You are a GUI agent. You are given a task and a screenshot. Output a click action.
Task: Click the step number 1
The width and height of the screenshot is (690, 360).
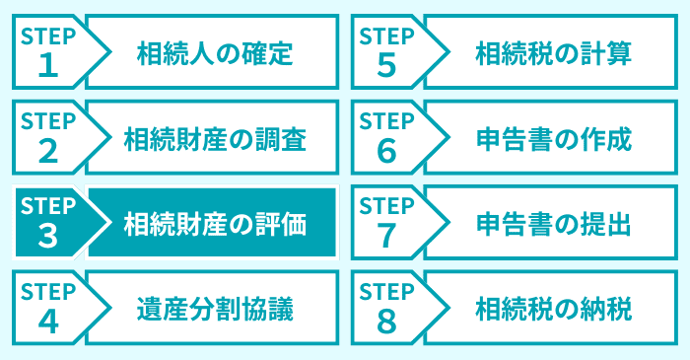pyautogui.click(x=47, y=64)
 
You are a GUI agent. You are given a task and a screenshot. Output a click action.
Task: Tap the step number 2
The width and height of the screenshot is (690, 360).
pyautogui.click(x=47, y=150)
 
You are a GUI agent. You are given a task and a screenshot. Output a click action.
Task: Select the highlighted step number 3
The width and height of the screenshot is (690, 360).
pyautogui.click(x=47, y=237)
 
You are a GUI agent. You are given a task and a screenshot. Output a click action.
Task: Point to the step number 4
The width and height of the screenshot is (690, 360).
pyautogui.click(x=47, y=322)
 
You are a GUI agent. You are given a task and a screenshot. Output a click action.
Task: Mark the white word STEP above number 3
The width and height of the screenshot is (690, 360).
pyautogui.click(x=47, y=208)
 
